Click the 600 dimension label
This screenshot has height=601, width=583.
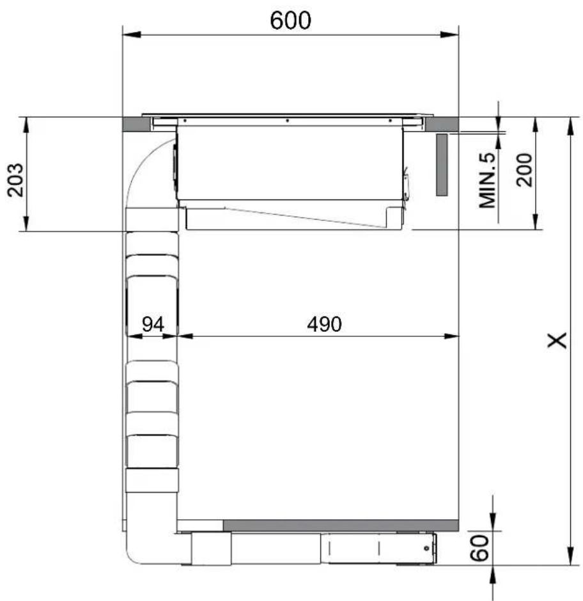coord(291,20)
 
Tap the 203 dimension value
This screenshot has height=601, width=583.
coord(15,180)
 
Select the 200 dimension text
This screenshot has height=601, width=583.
coord(524,170)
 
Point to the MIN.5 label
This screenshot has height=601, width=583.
coord(487,180)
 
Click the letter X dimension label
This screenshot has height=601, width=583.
coord(557,340)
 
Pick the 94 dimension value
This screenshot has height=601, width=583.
coord(153,324)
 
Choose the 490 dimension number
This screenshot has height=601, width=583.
coord(324,324)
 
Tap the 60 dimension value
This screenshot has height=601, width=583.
coord(479,548)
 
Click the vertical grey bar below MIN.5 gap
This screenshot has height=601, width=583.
coord(442,165)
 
